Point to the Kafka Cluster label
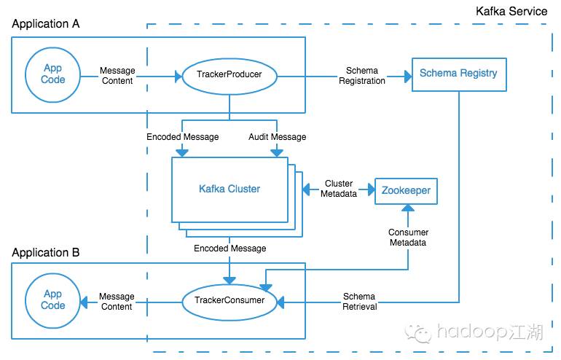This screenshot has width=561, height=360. coord(229,189)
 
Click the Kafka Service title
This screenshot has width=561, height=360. coord(511,11)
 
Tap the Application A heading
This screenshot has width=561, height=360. coord(45,23)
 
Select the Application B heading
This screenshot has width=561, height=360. coord(45,252)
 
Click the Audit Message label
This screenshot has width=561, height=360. coord(278,137)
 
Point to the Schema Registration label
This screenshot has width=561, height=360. coord(361,76)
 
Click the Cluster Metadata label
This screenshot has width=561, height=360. coord(339,189)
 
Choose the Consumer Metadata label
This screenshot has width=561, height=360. coord(408,238)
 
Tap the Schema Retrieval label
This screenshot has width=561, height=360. coord(360,301)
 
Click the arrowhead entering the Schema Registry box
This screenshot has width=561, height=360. coord(408,77)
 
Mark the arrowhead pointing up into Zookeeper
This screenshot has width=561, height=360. coord(408,208)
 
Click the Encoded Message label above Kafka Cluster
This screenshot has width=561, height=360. coord(182,137)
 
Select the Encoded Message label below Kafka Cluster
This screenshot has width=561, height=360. coord(229,249)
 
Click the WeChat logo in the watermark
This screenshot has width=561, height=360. coord(418,334)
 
